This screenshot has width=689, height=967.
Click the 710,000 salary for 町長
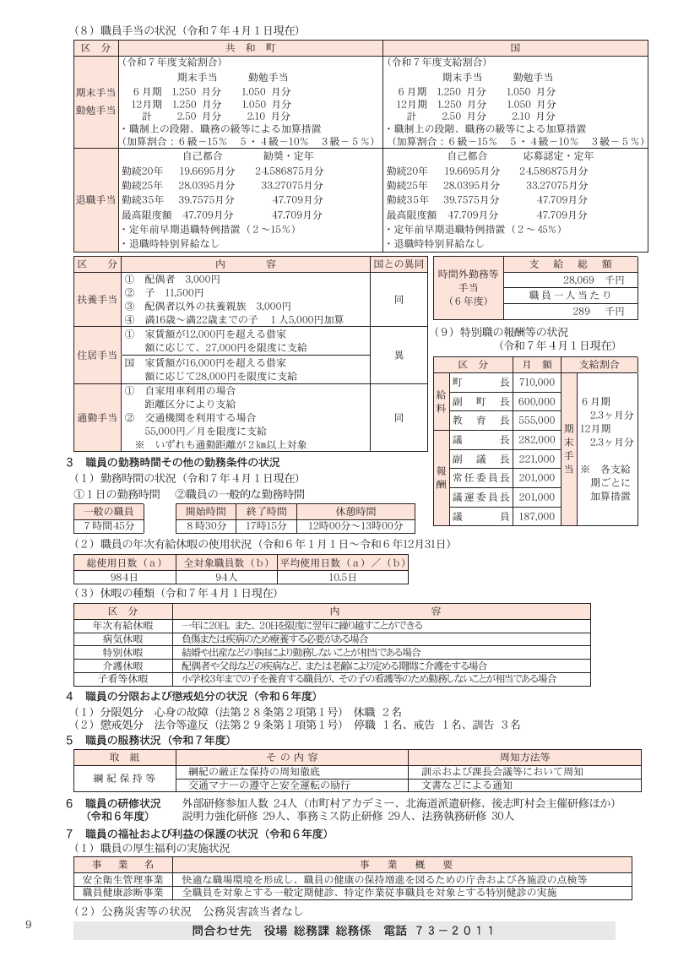click(x=537, y=383)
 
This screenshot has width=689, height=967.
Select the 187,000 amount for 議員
click(x=537, y=515)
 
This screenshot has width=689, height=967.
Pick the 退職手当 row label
click(x=95, y=200)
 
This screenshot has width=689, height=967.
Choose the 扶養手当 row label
click(x=95, y=300)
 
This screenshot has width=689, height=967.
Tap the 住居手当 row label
click(x=95, y=355)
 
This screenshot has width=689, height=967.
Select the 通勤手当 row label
click(x=95, y=417)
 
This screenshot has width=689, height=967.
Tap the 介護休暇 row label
click(x=123, y=665)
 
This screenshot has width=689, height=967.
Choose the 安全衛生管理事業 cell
click(x=123, y=879)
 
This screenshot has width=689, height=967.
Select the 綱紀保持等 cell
click(x=124, y=778)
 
